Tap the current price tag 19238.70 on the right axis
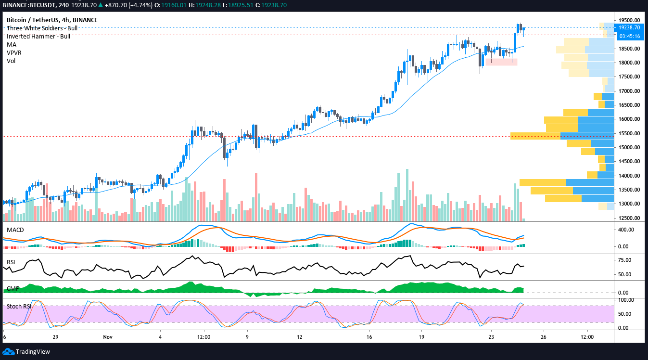coord(629,28)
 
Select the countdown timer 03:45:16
coord(629,36)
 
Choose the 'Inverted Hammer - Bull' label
coord(38,36)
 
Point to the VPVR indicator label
coord(14,52)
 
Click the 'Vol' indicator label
coord(11,61)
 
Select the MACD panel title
coord(15,230)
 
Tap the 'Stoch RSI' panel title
coord(18,306)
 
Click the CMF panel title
coord(12,289)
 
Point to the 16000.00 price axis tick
coord(629,119)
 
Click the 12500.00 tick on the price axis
coord(629,218)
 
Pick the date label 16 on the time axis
coord(369,337)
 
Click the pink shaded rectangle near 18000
coord(501,62)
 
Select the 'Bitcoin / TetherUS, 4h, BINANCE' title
coord(52,20)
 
